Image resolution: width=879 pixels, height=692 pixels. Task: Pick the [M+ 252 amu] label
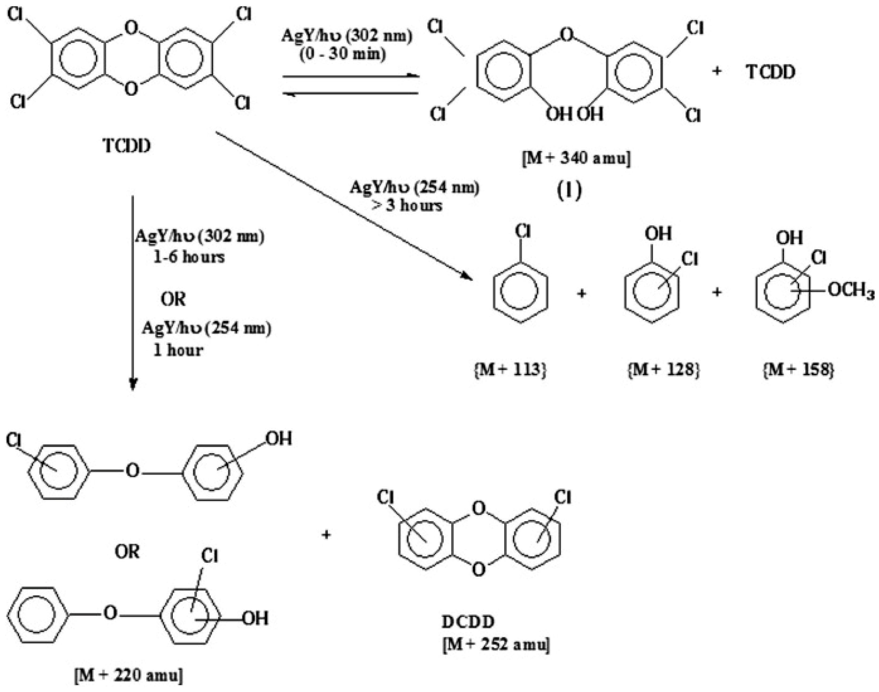click(496, 644)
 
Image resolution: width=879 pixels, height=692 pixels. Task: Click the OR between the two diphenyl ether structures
click(128, 552)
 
